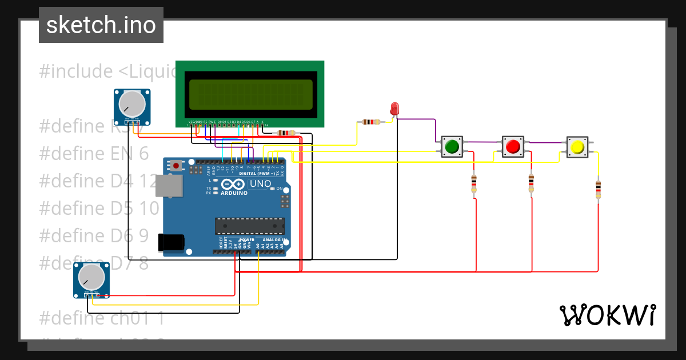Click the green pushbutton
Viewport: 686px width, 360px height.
(x=452, y=147)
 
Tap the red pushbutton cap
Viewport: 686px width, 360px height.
(x=513, y=147)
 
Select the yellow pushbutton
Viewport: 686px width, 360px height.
(x=577, y=147)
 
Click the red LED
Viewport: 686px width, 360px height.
(x=394, y=109)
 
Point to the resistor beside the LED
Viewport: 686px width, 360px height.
(x=372, y=122)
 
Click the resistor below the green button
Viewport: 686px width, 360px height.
(x=473, y=184)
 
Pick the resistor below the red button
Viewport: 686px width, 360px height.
(x=531, y=183)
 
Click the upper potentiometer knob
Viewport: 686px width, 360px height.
(x=132, y=104)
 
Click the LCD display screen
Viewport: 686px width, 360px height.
(x=250, y=94)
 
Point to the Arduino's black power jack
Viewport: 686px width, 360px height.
(x=171, y=242)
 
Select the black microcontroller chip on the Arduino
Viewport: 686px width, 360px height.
(x=249, y=226)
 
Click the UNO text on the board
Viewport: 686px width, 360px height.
(x=261, y=184)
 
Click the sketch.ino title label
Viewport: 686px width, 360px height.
(x=101, y=25)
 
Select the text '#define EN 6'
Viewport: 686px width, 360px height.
(x=94, y=153)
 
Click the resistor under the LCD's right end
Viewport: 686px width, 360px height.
(x=286, y=133)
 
